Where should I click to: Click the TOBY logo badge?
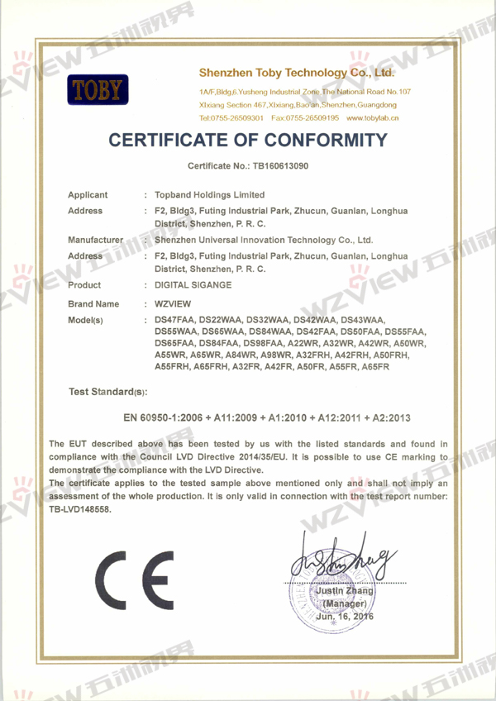click(98, 90)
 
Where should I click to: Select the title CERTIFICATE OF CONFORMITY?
click(248, 141)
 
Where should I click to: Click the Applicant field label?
click(88, 195)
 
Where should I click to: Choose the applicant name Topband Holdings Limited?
click(215, 195)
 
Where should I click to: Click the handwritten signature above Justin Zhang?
click(341, 563)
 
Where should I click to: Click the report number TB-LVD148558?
click(79, 510)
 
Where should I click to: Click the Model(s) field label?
click(85, 320)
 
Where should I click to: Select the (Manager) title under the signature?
click(344, 604)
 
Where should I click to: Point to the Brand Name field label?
click(93, 304)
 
